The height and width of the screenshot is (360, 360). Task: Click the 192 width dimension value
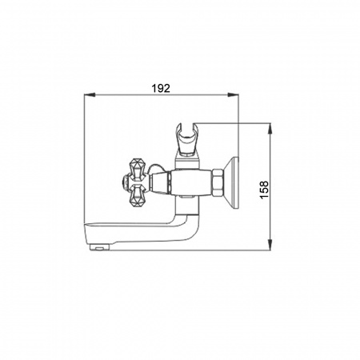point(161,88)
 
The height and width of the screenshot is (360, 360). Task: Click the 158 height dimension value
point(264,190)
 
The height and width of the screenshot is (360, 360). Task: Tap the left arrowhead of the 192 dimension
point(90,94)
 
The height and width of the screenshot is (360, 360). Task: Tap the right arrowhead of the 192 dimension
point(233,94)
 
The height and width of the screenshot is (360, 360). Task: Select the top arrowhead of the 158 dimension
point(270,129)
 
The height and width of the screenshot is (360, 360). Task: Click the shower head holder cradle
point(187,139)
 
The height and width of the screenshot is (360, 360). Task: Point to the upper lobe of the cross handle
point(138,169)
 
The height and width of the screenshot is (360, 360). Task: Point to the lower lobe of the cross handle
point(138,197)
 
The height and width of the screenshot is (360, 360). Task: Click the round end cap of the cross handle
point(125,183)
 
